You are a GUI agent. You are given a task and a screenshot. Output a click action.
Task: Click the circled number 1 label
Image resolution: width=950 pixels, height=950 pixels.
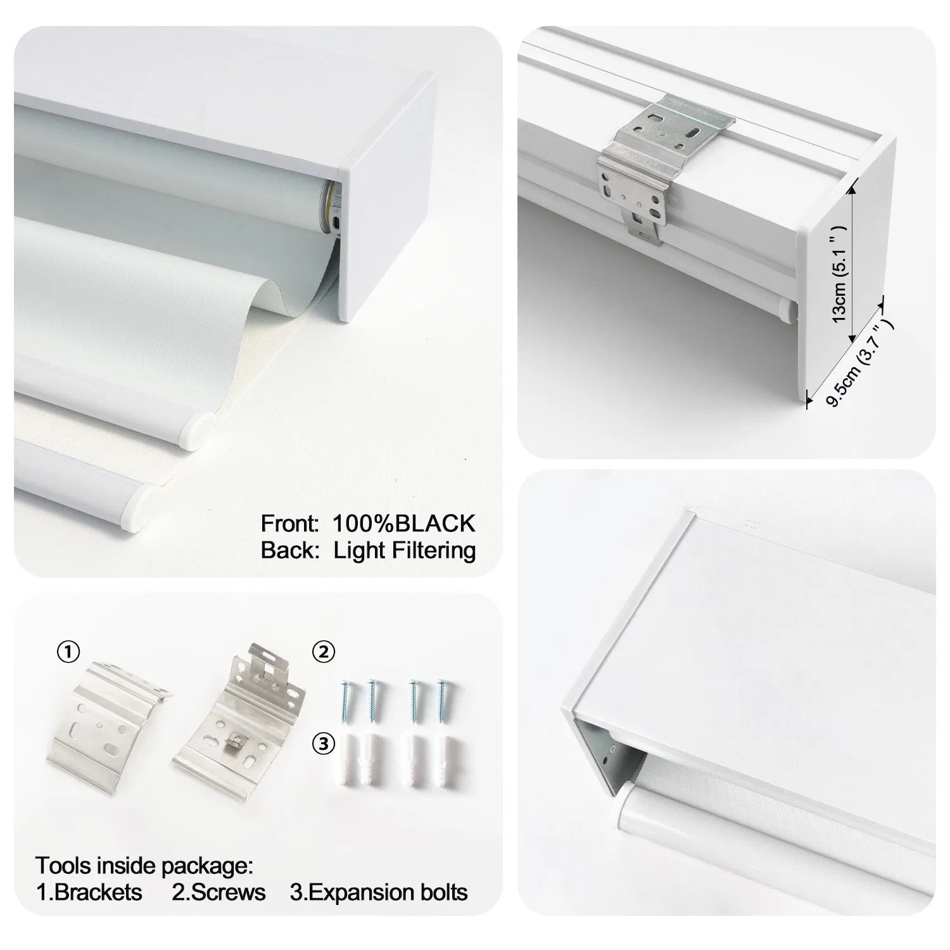[x=68, y=652]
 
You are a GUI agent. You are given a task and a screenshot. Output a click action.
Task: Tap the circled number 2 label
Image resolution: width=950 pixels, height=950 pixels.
[x=324, y=652]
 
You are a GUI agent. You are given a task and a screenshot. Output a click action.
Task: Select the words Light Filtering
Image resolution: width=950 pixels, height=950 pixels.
[x=405, y=550]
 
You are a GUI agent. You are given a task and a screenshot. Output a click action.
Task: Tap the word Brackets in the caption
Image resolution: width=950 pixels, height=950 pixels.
[x=98, y=892]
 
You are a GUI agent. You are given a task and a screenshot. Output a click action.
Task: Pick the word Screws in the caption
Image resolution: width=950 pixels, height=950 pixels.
[x=227, y=892]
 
